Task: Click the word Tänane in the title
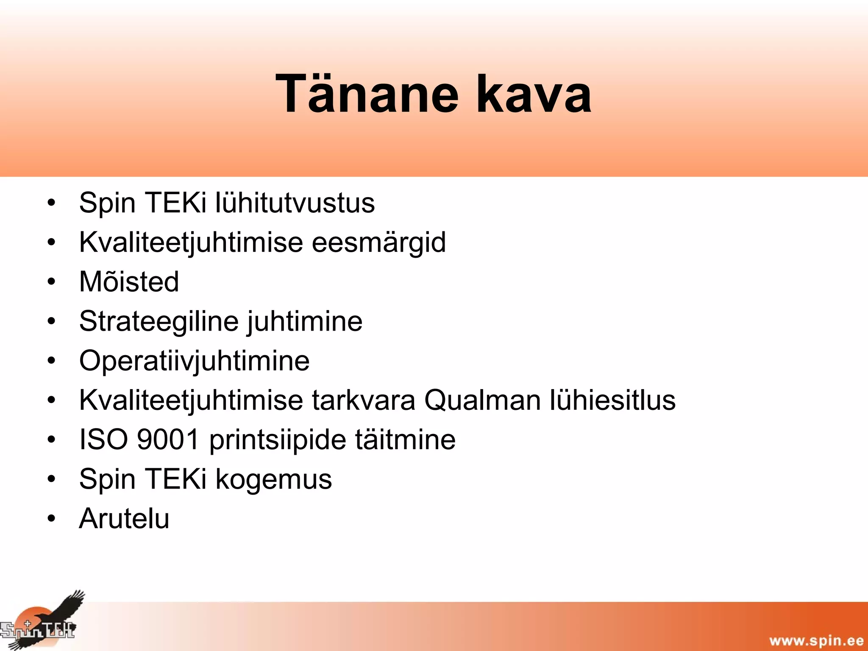coord(367,94)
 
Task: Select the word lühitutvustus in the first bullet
coord(295,203)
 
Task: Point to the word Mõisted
coord(129,282)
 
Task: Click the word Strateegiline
coord(159,321)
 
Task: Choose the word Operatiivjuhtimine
coord(194,361)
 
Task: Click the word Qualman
coord(482,400)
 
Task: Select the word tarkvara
coord(364,400)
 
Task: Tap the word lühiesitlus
coord(612,400)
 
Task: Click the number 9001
coord(168,440)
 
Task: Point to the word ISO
coord(103,440)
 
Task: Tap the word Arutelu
coord(124,518)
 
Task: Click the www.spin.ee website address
coord(816,640)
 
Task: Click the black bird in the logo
coord(64,610)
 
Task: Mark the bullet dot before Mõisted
coord(51,282)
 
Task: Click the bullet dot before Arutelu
coord(51,518)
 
